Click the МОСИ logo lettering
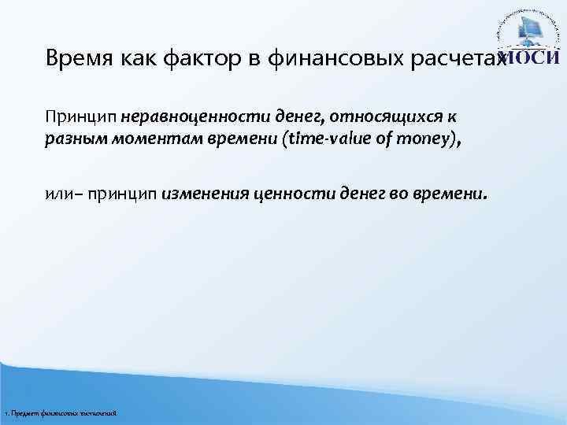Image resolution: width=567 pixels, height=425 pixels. point(532,58)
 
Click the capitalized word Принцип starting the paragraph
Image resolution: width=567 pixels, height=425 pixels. point(81,117)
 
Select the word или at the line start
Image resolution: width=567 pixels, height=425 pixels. point(57,195)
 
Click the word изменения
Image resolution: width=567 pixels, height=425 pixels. point(204,195)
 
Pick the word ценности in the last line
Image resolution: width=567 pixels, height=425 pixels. point(283,195)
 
